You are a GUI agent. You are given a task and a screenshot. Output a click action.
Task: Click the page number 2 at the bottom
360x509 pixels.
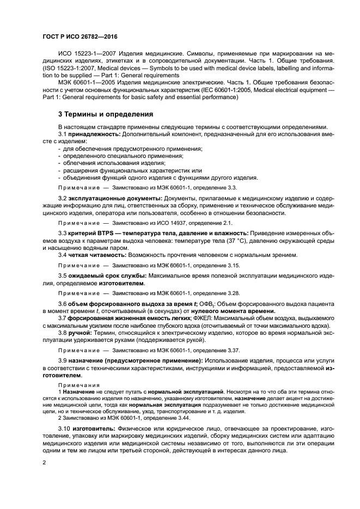pos(45,462)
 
